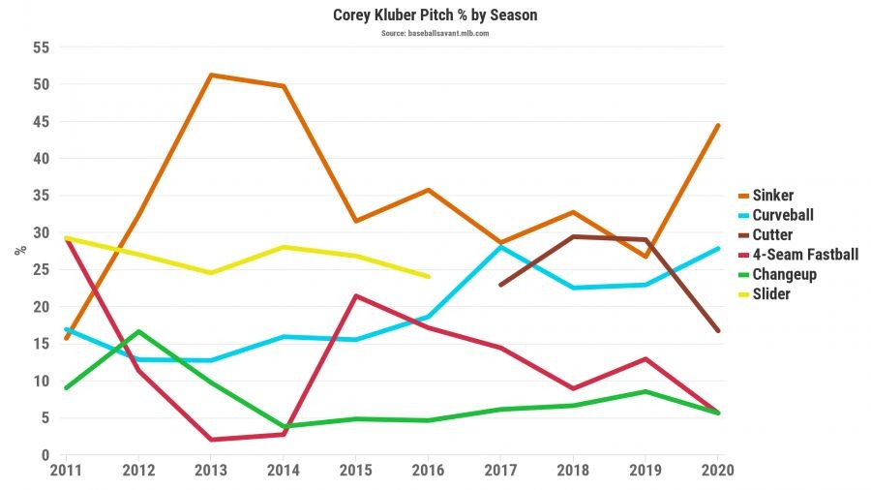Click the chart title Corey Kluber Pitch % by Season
pyautogui.click(x=435, y=15)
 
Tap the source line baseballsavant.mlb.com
pyautogui.click(x=435, y=33)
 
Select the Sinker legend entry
pyautogui.click(x=773, y=196)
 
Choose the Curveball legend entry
pyautogui.click(x=785, y=215)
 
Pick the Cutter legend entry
pyautogui.click(x=772, y=235)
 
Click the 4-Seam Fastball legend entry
pyautogui.click(x=805, y=255)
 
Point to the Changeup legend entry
pyautogui.click(x=784, y=274)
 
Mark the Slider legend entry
pyautogui.click(x=771, y=293)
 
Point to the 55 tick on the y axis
pyautogui.click(x=41, y=47)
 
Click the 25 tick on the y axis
pyautogui.click(x=41, y=270)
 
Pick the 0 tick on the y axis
pyautogui.click(x=45, y=455)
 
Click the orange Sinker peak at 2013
pyautogui.click(x=211, y=75)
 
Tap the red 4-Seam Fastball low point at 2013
pyautogui.click(x=211, y=440)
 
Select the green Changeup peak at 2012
pyautogui.click(x=138, y=331)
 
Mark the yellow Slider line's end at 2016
pyautogui.click(x=428, y=277)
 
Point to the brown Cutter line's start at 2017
pyautogui.click(x=500, y=285)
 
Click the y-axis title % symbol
pyautogui.click(x=19, y=250)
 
